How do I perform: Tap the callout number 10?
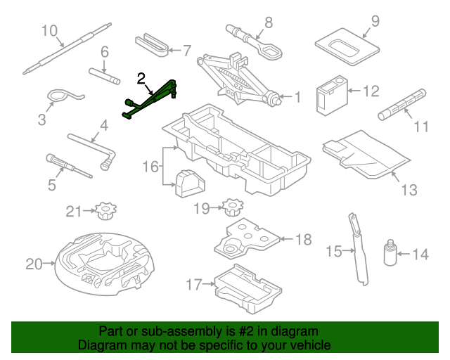49,30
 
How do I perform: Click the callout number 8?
268,22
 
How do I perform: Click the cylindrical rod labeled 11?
403,103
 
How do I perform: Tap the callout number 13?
409,190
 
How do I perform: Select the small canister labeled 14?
389,254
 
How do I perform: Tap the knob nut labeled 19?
231,207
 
